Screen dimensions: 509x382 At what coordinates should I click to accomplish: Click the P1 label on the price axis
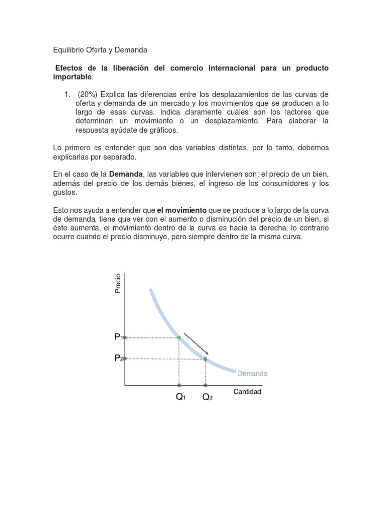(118, 337)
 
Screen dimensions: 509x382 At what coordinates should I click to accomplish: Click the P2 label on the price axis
(118, 358)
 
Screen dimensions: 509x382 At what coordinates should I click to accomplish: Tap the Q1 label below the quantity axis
(180, 398)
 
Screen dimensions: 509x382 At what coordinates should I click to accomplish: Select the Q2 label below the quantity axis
(207, 398)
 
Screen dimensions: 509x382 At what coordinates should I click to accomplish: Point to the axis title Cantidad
(247, 392)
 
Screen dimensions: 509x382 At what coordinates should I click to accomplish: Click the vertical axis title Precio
(118, 283)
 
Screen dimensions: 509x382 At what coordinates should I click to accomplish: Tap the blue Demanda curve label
(252, 373)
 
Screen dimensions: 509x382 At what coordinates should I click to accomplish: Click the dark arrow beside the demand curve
(196, 343)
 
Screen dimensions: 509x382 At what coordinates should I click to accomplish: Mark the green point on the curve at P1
(179, 338)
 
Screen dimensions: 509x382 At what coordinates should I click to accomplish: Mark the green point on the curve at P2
(206, 359)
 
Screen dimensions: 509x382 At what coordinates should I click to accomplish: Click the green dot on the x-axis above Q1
(179, 385)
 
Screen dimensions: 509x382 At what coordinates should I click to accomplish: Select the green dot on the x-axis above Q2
(206, 385)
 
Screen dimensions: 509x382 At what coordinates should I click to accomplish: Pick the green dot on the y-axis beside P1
(125, 337)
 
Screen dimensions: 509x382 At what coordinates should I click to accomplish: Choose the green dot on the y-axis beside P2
(125, 358)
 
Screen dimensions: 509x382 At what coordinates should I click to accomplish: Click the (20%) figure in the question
(88, 94)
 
